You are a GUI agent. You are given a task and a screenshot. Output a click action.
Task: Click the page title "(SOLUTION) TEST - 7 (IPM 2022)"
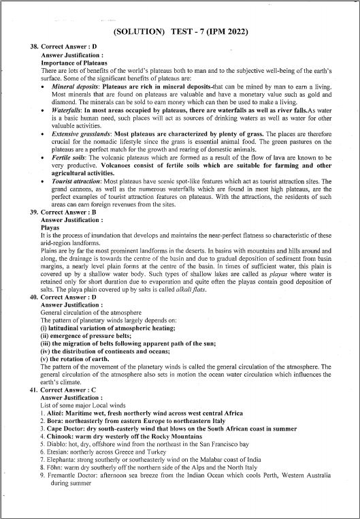tap(180, 32)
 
